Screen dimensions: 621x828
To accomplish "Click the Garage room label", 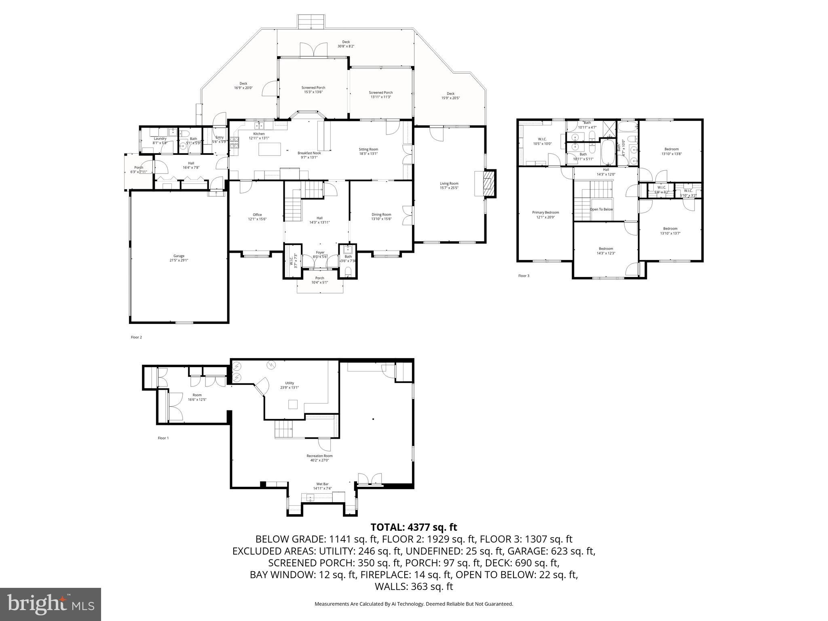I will tap(179, 258).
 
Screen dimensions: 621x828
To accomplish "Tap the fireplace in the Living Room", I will tap(489, 183).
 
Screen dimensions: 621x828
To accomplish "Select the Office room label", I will tap(257, 217).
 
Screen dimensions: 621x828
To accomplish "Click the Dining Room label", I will tap(381, 217).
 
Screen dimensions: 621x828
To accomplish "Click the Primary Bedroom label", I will tap(545, 215).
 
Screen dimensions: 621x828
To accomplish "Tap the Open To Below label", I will tap(601, 209).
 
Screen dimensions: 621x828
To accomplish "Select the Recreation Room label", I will tap(319, 458).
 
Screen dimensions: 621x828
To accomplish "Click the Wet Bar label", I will tap(322, 486).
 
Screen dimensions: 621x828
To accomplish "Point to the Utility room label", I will tap(289, 385).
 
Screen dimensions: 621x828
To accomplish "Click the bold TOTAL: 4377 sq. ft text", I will tap(414, 527).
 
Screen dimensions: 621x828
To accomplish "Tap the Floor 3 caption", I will tap(524, 276).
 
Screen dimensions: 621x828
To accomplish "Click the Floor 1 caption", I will tap(163, 438).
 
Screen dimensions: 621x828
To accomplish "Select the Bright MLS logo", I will tap(51, 604).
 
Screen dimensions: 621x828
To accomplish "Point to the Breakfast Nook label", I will tap(309, 155).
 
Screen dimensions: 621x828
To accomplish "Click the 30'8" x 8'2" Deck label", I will tap(346, 44).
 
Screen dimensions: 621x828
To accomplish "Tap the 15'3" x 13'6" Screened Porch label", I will tap(313, 90).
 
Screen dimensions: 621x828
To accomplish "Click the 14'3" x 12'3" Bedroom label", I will tap(606, 251).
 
